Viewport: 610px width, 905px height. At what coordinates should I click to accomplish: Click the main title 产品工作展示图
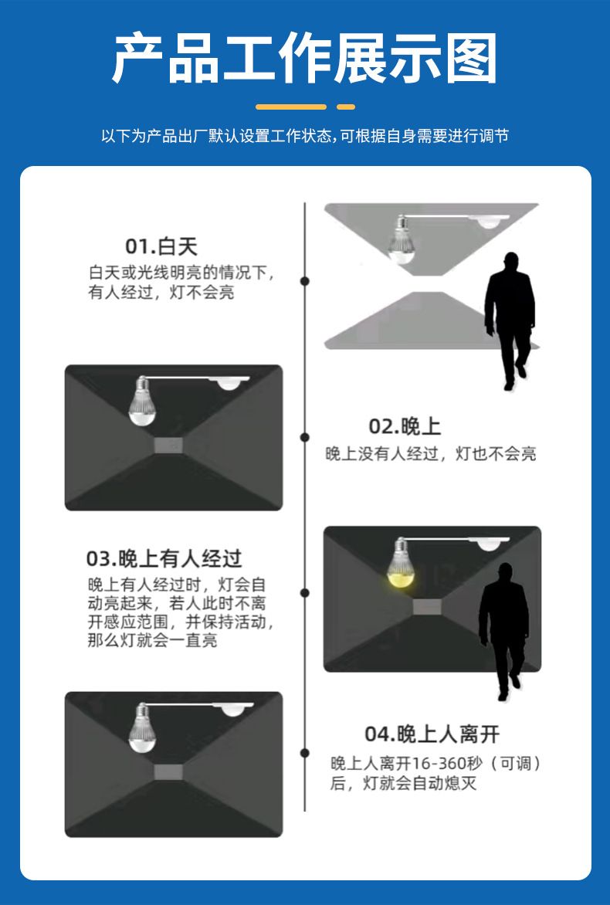304,58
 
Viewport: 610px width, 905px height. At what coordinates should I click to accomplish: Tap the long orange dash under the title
291,107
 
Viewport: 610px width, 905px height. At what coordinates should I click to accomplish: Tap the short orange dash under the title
346,107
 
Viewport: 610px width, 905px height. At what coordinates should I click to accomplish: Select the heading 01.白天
161,246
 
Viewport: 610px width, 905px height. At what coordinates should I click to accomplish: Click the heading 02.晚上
405,426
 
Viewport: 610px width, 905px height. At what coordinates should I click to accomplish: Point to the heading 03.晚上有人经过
164,559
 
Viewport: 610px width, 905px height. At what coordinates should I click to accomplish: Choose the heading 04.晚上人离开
432,734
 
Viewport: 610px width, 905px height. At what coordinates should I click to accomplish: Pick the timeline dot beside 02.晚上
305,438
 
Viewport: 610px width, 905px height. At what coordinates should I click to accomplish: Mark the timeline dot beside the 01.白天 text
305,281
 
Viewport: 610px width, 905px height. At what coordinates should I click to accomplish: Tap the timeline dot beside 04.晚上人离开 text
305,753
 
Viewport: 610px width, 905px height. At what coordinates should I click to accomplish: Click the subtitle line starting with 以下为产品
305,136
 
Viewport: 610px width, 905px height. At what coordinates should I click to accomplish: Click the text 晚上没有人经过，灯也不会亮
431,453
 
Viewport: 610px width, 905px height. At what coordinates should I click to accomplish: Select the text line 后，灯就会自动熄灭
403,783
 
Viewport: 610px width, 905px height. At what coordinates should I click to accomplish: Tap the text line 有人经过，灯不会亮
161,292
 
